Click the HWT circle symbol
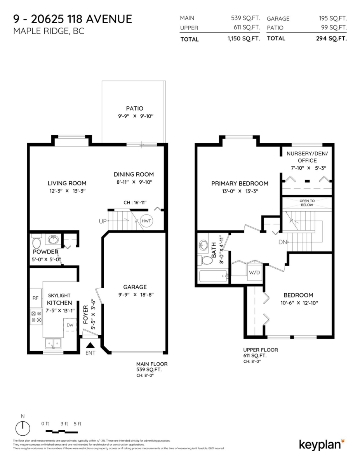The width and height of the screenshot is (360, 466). tap(146, 221)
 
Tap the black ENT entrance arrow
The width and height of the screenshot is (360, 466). tap(90, 345)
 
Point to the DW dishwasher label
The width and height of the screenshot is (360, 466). tap(70, 325)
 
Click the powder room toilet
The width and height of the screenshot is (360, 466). tap(37, 242)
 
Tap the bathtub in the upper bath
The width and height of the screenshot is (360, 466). tap(213, 277)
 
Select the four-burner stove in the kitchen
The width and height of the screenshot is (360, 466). tap(36, 316)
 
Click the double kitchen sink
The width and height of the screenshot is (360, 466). tap(53, 343)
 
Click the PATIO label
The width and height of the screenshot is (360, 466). tap(134, 108)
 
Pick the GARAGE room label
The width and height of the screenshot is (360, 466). tap(135, 287)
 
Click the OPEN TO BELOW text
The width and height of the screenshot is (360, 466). tap(307, 203)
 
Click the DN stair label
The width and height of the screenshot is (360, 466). tap(283, 242)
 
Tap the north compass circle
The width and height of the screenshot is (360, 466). tap(23, 429)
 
